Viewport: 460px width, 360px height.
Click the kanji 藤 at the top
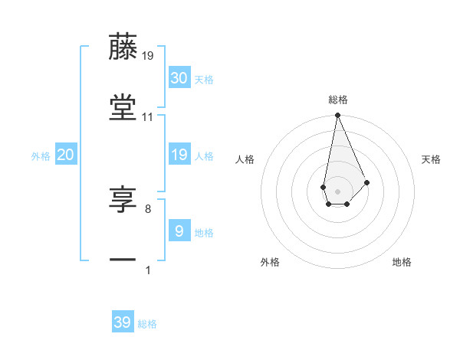coord(123,47)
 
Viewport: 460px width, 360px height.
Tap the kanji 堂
coord(123,108)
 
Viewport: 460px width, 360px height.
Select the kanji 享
coord(123,200)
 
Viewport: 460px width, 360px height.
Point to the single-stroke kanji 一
coord(123,260)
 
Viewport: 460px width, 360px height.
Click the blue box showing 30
coord(179,77)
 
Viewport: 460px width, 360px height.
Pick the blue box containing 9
coord(179,231)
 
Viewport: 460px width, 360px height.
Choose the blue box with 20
coord(65,155)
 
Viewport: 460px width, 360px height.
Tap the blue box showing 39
coord(123,322)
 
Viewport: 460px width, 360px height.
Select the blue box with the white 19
coord(179,155)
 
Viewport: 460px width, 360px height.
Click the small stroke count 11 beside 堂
coord(148,117)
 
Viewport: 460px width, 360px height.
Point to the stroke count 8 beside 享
coord(147,208)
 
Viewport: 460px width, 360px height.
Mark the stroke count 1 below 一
coord(147,270)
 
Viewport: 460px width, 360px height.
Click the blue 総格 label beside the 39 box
coord(148,324)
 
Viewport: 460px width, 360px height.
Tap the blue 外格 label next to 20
coord(41,156)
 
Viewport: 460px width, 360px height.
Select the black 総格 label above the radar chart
coord(337,100)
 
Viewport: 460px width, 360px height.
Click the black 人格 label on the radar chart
coord(245,159)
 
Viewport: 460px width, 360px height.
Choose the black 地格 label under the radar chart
coord(402,262)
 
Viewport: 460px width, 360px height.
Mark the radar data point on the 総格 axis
coord(337,116)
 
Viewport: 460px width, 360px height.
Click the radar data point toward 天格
coord(367,182)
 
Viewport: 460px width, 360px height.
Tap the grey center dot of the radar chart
coord(337,190)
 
